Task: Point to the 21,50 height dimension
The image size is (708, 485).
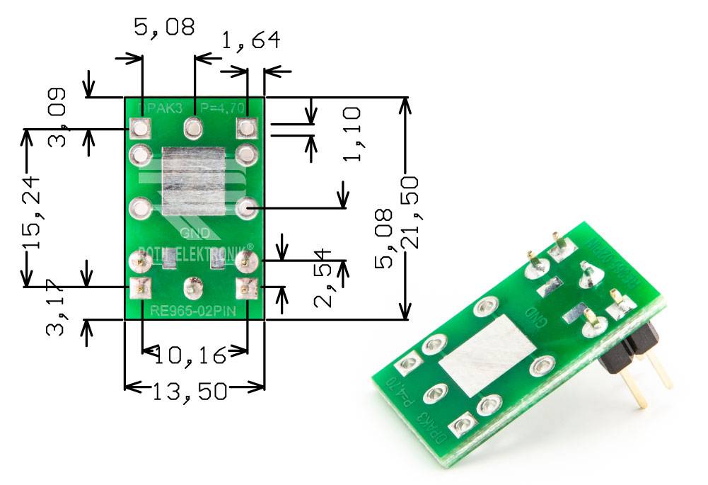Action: (x=410, y=212)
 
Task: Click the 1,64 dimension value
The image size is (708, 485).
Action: (x=250, y=40)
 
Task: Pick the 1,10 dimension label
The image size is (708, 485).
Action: (x=351, y=134)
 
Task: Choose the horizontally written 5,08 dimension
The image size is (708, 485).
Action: (x=163, y=28)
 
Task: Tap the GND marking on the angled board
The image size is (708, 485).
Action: (x=533, y=316)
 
